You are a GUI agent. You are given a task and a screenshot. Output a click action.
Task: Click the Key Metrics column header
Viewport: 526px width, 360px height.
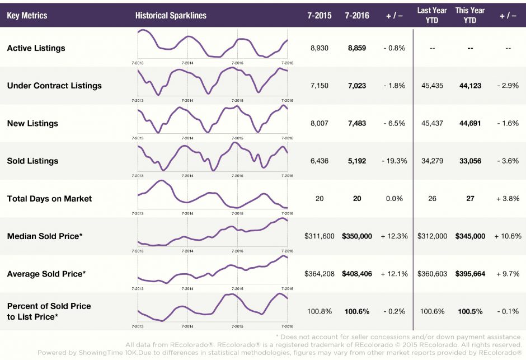coord(27,16)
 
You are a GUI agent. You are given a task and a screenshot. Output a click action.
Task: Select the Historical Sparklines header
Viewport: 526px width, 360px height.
coord(171,16)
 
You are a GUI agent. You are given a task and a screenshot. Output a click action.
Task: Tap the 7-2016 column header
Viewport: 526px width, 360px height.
coord(357,16)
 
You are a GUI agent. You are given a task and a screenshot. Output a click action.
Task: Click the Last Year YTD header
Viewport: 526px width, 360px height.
coord(432,15)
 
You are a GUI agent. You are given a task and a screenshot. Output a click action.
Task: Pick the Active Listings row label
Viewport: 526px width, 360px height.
coord(36,48)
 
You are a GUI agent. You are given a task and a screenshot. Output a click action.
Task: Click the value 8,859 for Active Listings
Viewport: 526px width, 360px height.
coord(357,48)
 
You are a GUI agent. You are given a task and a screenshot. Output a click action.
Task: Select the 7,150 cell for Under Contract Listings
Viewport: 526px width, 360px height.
coord(320,86)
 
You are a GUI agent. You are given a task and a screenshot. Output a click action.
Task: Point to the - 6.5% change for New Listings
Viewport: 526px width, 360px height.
coord(394,123)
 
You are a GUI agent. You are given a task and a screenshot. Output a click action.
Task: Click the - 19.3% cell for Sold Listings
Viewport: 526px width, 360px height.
coord(394,161)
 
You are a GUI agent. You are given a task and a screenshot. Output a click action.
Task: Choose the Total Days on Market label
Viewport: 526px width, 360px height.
coord(49,199)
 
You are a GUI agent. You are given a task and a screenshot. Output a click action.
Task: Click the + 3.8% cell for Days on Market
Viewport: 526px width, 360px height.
coord(508,199)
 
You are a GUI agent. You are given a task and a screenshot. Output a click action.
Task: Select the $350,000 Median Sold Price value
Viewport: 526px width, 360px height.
coord(357,236)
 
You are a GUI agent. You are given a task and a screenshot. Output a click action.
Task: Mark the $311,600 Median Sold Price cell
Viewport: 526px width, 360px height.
coord(320,236)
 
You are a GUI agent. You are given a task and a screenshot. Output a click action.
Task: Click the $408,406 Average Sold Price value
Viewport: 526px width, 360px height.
coord(357,274)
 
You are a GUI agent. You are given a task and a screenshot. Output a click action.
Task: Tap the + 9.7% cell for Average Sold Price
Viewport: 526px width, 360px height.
coord(508,274)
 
